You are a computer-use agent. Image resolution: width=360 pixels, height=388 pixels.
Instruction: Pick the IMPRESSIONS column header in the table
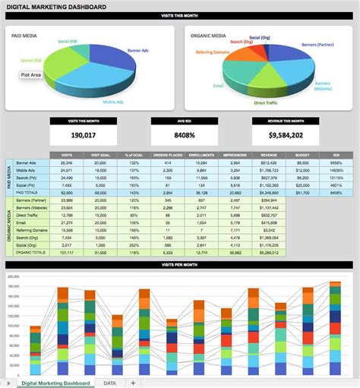[235, 155]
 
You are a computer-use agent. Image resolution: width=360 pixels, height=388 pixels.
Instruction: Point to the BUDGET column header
[302, 155]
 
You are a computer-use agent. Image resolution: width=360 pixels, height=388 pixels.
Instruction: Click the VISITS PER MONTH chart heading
[179, 265]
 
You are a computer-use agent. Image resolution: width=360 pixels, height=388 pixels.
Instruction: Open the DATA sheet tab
[110, 382]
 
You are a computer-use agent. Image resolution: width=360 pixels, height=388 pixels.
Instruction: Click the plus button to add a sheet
[134, 382]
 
